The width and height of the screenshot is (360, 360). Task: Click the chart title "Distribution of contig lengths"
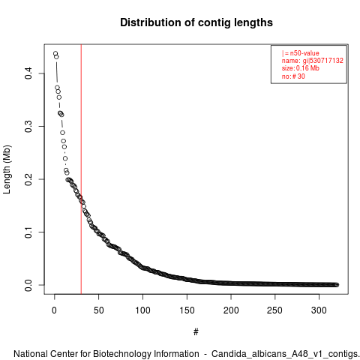[x=196, y=22]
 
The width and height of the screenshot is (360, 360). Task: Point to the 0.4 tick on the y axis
[x=28, y=73]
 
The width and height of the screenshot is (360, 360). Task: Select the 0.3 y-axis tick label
[x=28, y=126]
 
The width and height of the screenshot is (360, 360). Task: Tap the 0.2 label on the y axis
[x=28, y=179]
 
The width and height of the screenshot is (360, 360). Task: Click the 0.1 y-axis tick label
[x=28, y=232]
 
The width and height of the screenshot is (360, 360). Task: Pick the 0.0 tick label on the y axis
[x=28, y=285]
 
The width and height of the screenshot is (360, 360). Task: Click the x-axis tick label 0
[x=54, y=310]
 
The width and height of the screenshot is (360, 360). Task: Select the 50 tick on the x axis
[x=98, y=310]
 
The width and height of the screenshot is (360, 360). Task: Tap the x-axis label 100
[x=142, y=310]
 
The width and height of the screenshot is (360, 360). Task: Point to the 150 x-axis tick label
[x=187, y=310]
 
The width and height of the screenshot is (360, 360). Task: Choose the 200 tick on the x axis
[x=231, y=310]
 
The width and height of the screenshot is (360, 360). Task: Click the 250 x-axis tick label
[x=275, y=310]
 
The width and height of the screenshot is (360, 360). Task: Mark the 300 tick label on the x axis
[x=319, y=310]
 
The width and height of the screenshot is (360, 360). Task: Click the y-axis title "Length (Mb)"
[x=7, y=169]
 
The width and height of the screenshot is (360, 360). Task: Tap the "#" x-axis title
[x=196, y=332]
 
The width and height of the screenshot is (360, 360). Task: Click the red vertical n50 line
[x=81, y=169]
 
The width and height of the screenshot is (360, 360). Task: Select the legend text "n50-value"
[x=304, y=53]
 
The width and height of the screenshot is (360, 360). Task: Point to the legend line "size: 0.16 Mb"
[x=301, y=68]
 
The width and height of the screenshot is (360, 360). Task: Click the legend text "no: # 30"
[x=293, y=76]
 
